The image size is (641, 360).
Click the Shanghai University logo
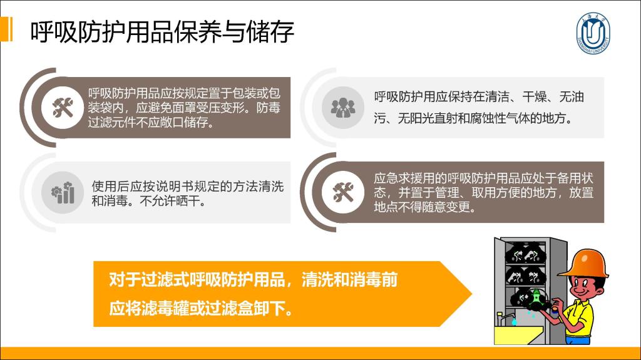[593, 33]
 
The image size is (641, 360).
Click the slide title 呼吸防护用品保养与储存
[162, 31]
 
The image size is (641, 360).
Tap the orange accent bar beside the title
[6, 29]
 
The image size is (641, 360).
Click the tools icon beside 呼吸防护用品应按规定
[63, 108]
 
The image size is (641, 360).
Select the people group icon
[342, 108]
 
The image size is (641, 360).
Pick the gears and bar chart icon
[63, 192]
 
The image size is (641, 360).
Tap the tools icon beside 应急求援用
[342, 192]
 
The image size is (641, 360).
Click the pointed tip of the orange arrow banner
[472, 293]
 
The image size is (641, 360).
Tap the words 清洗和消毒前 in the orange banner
[349, 280]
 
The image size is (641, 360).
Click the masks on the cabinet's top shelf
[525, 253]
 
